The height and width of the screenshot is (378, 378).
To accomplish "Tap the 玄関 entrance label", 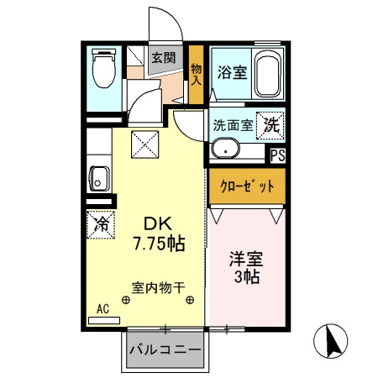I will pyautogui.click(x=163, y=59).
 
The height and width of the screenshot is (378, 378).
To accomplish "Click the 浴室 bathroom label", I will pyautogui.click(x=231, y=71).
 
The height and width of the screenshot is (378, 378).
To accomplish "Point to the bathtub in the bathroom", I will pyautogui.click(x=267, y=74).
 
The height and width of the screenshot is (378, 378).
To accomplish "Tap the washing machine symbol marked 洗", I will pyautogui.click(x=270, y=124).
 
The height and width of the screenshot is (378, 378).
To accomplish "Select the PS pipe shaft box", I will pyautogui.click(x=277, y=155).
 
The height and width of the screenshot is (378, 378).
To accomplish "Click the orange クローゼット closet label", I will pyautogui.click(x=246, y=187).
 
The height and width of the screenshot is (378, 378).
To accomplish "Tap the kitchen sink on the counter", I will pyautogui.click(x=98, y=179).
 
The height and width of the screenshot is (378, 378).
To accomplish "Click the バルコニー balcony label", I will pyautogui.click(x=165, y=349).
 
